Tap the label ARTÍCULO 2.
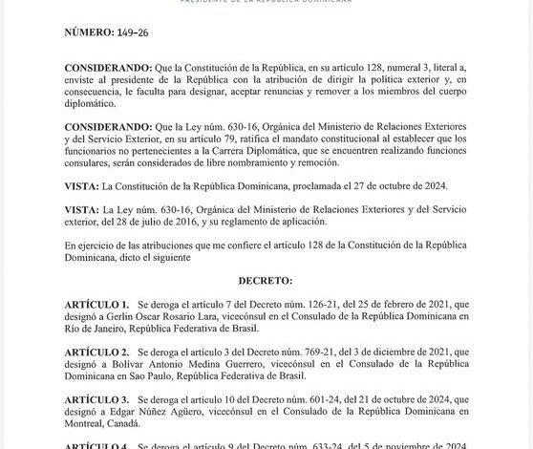point(97,353)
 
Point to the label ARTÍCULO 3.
point(97,399)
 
